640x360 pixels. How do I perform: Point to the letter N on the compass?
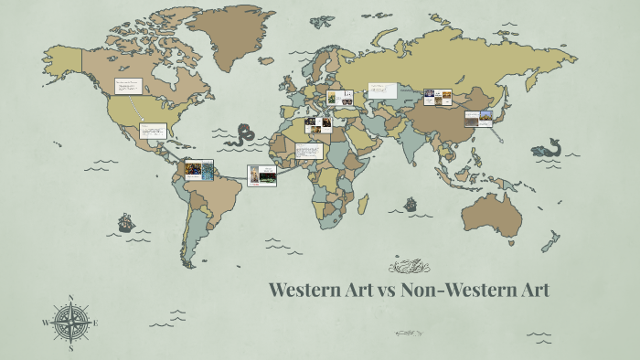coord(70,298)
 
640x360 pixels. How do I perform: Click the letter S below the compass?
coord(70,348)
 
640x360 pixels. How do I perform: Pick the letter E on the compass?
coord(96,323)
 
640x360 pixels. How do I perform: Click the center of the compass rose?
coord(70,323)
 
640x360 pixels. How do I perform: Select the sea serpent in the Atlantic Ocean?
coord(244,135)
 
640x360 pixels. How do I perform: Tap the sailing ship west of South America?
coord(126,222)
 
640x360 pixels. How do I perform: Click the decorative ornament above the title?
coord(407,267)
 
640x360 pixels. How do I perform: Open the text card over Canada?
coord(127,87)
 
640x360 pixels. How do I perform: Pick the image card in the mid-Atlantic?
coord(261,175)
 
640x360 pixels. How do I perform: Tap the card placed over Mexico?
coord(153,132)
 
